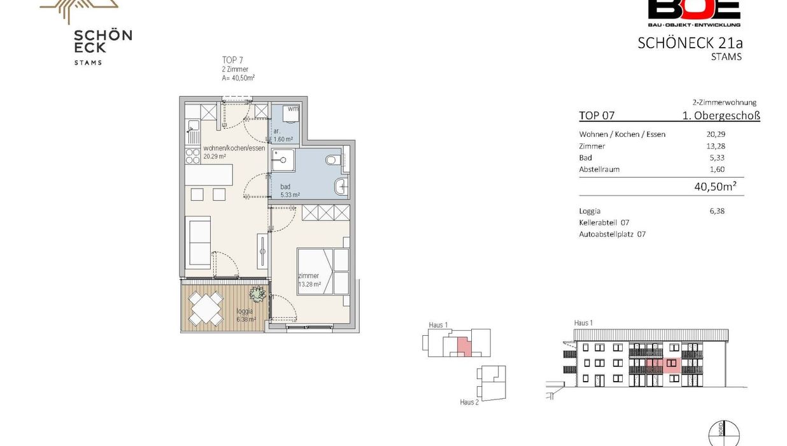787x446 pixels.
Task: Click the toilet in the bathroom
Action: point(331,161)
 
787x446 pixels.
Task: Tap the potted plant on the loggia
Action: point(257,294)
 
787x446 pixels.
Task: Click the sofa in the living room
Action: point(198,243)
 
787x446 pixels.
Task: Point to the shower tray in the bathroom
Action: point(283,160)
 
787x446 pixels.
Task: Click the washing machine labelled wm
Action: point(290,113)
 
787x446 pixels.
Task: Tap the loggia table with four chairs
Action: point(206,308)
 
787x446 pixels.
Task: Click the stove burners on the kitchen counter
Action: point(192,156)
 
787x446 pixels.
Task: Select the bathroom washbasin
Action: point(341,186)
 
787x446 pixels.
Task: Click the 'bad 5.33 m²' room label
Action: point(290,191)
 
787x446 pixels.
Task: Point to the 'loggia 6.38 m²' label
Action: point(246,315)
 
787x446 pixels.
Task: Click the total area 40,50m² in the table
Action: point(715,186)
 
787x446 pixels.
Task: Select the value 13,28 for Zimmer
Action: point(716,146)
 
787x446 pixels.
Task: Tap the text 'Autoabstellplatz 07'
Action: point(613,234)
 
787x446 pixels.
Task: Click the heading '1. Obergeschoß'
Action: point(721,115)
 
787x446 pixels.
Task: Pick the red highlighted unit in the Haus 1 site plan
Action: point(463,347)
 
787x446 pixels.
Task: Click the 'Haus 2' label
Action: point(469,402)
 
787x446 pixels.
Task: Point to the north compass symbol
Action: point(724,433)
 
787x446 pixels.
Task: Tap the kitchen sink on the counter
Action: point(193,126)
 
